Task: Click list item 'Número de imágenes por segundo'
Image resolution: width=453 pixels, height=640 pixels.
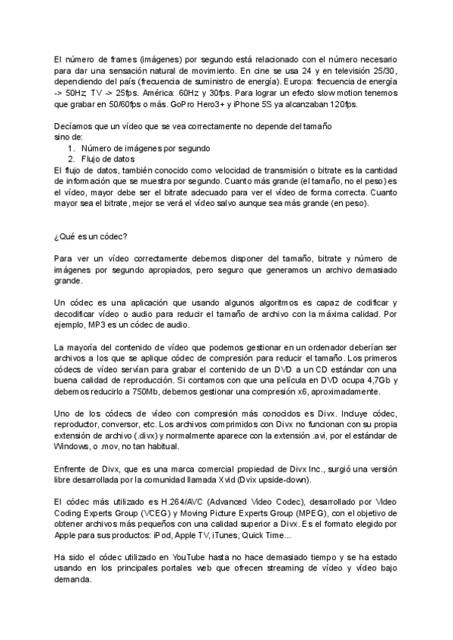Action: coord(135,148)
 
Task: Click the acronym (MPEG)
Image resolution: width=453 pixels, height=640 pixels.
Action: coord(339,514)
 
